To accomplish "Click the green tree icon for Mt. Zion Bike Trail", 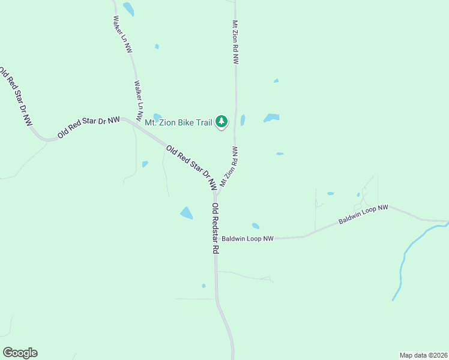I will pyautogui.click(x=222, y=122).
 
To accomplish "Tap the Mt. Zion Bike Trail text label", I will pyautogui.click(x=179, y=122).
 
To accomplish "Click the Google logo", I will pyautogui.click(x=20, y=353).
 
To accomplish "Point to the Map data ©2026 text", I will pyautogui.click(x=423, y=355).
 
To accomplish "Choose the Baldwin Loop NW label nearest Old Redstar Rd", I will pyautogui.click(x=247, y=239).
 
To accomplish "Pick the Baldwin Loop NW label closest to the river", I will pyautogui.click(x=363, y=215).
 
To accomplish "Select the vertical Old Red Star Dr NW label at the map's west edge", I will pyautogui.click(x=16, y=96).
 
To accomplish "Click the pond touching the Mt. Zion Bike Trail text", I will pyautogui.click(x=157, y=117).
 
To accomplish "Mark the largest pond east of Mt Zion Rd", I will pyautogui.click(x=271, y=118).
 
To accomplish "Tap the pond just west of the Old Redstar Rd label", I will pyautogui.click(x=187, y=213).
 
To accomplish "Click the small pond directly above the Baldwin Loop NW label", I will pyautogui.click(x=256, y=226).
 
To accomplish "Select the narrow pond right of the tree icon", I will pyautogui.click(x=243, y=120).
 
